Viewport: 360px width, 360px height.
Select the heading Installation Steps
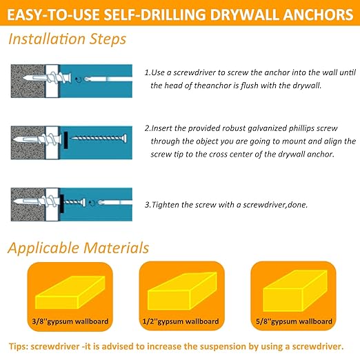point(68,39)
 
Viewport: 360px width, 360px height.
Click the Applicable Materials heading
point(78,247)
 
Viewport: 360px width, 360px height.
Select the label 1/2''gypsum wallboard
point(179,321)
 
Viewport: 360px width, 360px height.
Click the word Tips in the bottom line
point(20,347)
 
